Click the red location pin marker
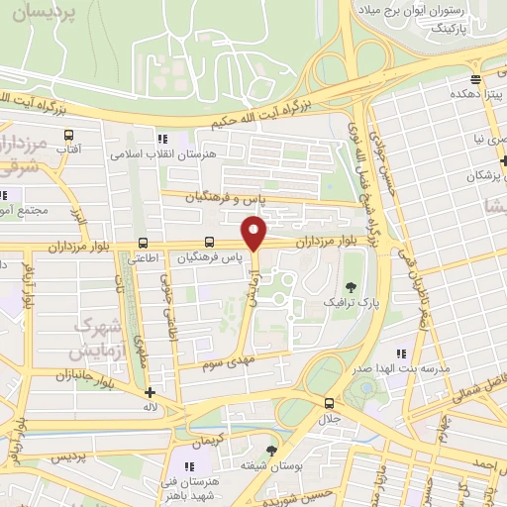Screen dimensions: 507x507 [x=255, y=234]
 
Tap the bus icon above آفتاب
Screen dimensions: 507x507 [x=68, y=135]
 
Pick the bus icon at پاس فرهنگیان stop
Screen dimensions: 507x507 [x=209, y=242]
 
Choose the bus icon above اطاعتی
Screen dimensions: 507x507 [x=144, y=242]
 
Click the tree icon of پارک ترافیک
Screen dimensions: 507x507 [x=342, y=285]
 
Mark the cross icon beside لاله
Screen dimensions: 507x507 [x=150, y=392]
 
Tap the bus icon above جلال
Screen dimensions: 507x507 [x=329, y=402]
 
